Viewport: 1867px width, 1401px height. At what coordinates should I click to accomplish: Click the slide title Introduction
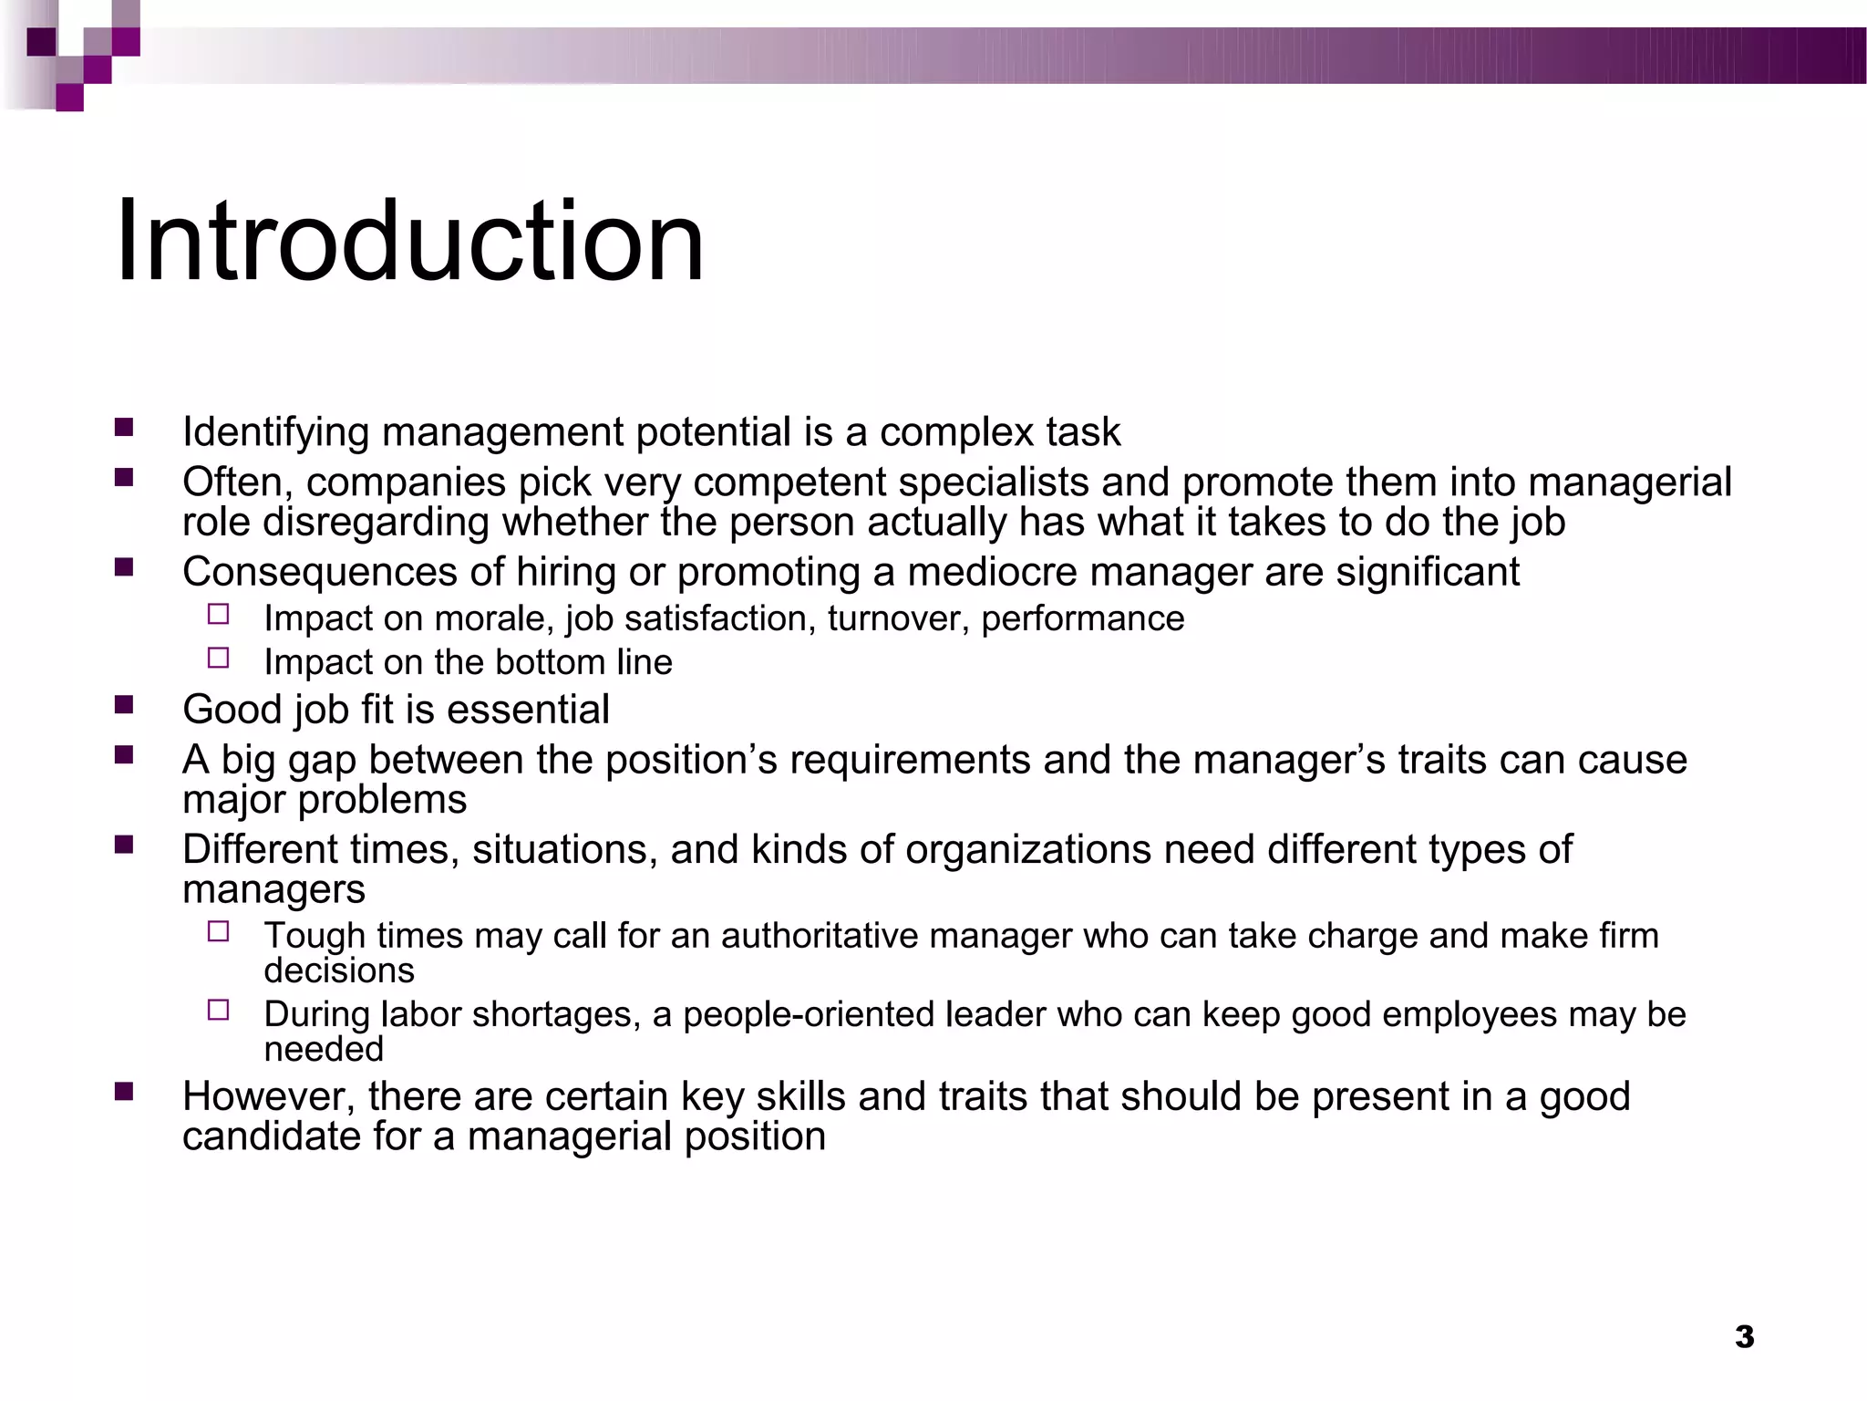409,242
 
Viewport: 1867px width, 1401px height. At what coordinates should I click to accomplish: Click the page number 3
1744,1337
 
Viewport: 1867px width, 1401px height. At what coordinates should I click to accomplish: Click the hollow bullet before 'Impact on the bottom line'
218,658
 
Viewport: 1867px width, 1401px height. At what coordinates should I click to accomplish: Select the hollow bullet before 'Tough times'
218,931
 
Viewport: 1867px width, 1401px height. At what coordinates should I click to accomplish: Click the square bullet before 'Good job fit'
124,704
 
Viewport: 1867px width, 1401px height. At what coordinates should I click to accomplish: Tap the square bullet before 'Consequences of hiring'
124,567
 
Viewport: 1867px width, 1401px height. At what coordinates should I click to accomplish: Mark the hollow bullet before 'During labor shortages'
218,1010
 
